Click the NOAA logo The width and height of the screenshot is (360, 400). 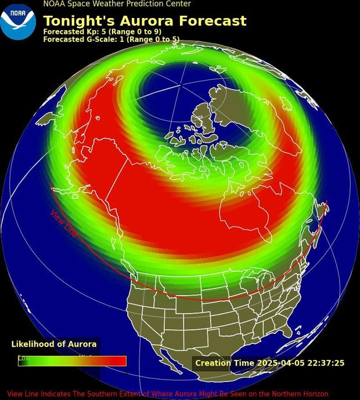(17, 21)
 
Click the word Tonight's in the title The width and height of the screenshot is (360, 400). (76, 21)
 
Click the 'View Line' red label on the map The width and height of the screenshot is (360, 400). (63, 223)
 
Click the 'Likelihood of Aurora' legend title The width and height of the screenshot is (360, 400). (54, 344)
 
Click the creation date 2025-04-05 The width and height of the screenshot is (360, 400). (280, 363)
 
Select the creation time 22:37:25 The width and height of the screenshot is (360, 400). (326, 363)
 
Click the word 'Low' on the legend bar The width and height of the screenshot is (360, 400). (24, 358)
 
